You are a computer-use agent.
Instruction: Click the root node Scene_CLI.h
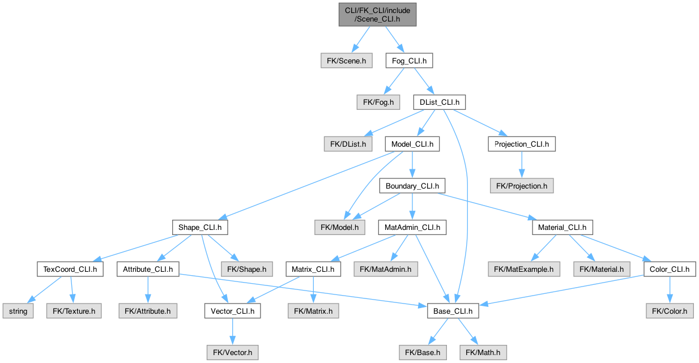[377, 14]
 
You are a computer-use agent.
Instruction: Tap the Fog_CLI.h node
[410, 61]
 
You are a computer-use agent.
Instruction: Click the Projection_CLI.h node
[522, 144]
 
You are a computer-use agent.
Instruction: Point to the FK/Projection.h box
[522, 185]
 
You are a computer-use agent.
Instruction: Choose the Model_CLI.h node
[412, 144]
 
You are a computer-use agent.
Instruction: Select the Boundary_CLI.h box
[412, 185]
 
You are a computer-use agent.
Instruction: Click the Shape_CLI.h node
[201, 228]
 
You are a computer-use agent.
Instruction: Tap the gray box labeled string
[18, 311]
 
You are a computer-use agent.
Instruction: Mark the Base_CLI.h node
[449, 311]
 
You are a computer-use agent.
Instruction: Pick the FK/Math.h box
[483, 352]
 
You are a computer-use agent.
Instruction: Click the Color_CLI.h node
[670, 270]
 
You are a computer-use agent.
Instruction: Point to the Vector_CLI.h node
[233, 311]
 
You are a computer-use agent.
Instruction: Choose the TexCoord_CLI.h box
[70, 270]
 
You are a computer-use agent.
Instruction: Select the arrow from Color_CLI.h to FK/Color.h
[670, 290]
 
